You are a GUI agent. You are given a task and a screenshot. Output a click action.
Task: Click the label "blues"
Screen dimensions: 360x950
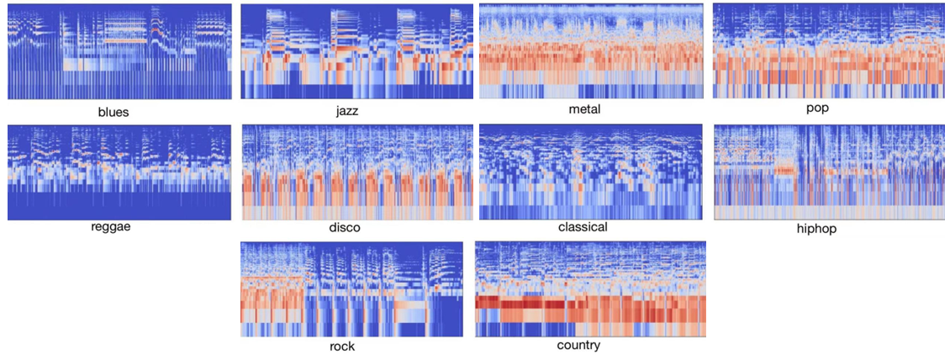point(113,112)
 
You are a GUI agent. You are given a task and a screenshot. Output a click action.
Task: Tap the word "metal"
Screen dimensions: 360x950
point(585,109)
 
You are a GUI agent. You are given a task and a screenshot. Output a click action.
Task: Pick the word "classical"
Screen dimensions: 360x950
point(583,227)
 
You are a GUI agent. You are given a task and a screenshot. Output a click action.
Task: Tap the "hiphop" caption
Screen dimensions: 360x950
point(817,229)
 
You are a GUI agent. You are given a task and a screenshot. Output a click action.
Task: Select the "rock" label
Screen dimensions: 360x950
point(343,347)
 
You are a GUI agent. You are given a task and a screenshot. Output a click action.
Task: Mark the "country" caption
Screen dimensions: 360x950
point(578,345)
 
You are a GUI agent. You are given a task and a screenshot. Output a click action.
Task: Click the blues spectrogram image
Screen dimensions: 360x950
point(119,52)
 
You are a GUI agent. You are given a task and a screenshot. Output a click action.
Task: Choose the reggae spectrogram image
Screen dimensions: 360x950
point(119,172)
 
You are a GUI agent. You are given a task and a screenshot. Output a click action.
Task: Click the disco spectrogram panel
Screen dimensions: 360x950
point(356,172)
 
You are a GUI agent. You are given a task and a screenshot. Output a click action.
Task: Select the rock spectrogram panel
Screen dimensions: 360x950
point(351,289)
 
